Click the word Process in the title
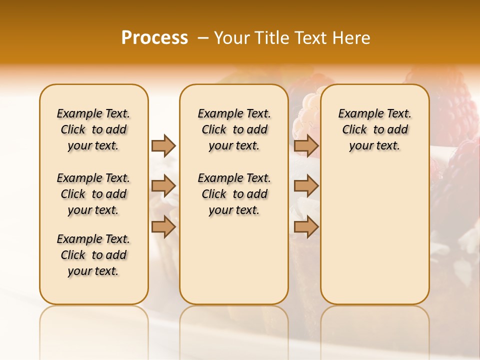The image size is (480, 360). pos(154,38)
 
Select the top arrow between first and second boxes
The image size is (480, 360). pos(163,145)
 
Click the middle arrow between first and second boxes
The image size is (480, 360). pos(163,186)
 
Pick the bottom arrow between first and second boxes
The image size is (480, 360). pos(163,226)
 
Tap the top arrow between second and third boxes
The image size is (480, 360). pos(306,145)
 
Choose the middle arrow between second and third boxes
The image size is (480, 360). pos(306,186)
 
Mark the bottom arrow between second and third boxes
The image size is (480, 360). pos(306,226)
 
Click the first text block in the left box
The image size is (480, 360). pos(93,129)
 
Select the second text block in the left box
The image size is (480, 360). pos(93,194)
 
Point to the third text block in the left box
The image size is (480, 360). pos(93,255)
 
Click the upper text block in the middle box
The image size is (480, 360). pos(234,129)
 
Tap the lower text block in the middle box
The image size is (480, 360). pos(234,194)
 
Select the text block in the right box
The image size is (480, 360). pos(374,129)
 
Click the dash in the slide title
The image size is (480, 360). pos(203,38)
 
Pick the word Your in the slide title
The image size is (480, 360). pos(232,38)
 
